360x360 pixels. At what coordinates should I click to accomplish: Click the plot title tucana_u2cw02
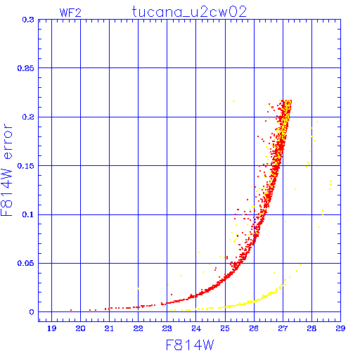pyautogui.click(x=189, y=12)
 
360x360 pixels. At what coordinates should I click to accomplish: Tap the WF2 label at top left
pyautogui.click(x=70, y=13)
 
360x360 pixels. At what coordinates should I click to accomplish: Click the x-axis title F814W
pyautogui.click(x=190, y=345)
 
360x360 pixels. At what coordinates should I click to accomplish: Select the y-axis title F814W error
pyautogui.click(x=6, y=169)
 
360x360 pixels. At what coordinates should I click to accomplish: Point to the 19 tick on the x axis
pyautogui.click(x=52, y=328)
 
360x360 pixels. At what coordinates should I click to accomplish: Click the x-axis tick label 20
pyautogui.click(x=80, y=328)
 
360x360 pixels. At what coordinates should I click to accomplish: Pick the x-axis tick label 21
pyautogui.click(x=109, y=328)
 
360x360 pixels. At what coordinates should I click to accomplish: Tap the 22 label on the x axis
pyautogui.click(x=138, y=328)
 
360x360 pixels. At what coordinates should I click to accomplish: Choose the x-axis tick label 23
pyautogui.click(x=167, y=328)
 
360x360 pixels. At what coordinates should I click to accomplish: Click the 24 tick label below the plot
pyautogui.click(x=196, y=328)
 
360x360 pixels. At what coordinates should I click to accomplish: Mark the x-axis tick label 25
pyautogui.click(x=225, y=328)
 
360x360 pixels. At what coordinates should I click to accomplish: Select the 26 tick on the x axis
pyautogui.click(x=254, y=328)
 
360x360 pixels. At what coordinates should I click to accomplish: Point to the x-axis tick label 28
pyautogui.click(x=311, y=328)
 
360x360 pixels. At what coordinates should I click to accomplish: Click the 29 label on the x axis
pyautogui.click(x=340, y=328)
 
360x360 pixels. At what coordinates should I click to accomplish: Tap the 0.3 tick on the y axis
pyautogui.click(x=28, y=20)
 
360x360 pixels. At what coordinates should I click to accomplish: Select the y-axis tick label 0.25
pyautogui.click(x=26, y=68)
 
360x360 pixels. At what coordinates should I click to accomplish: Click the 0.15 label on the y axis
pyautogui.click(x=26, y=166)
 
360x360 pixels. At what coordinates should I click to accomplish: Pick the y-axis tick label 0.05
pyautogui.click(x=26, y=263)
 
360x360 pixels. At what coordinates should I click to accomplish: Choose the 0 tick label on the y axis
pyautogui.click(x=32, y=312)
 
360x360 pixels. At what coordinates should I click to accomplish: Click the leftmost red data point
pyautogui.click(x=71, y=310)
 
